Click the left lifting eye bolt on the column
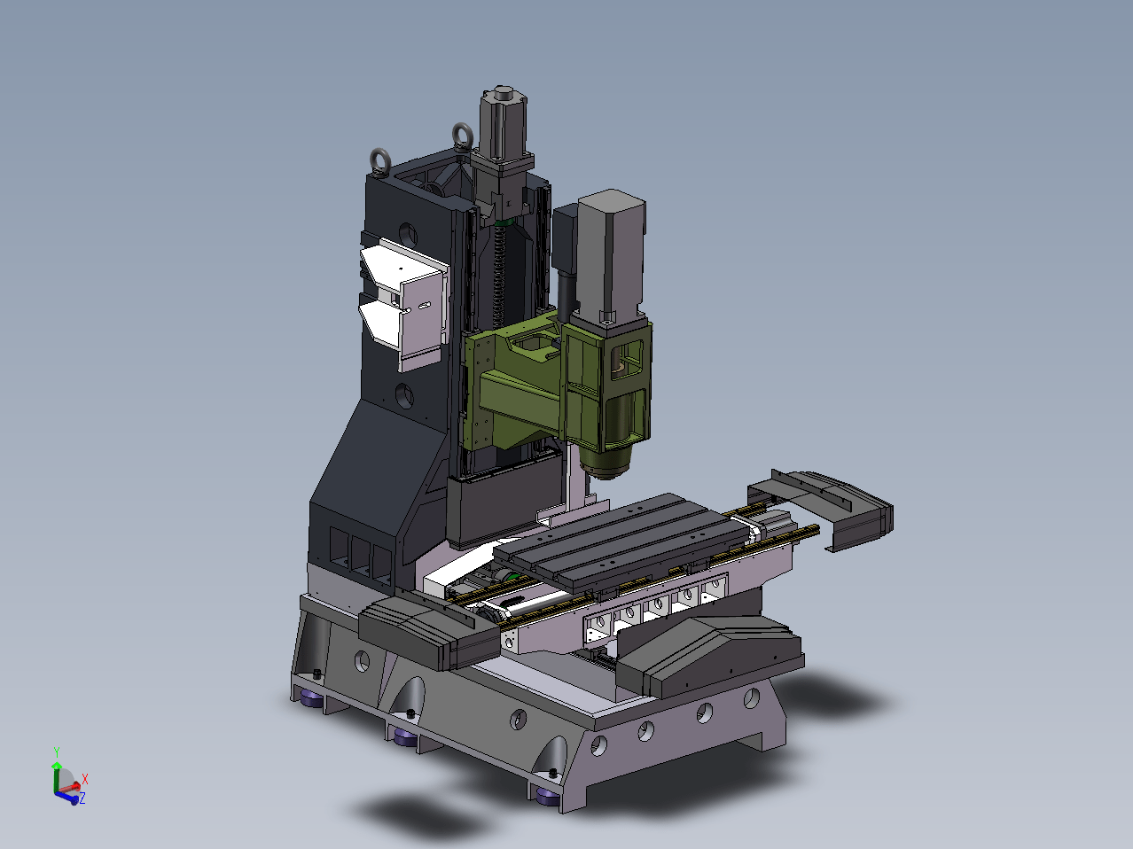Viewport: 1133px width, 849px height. pos(381,161)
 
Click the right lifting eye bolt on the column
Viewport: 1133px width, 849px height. pos(463,135)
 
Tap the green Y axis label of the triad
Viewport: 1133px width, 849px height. pos(57,752)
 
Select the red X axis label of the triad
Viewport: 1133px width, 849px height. pos(85,779)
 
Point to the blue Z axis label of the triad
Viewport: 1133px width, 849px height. pos(82,799)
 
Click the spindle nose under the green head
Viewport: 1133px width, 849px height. pos(606,462)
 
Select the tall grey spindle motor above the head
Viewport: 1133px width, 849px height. pos(612,258)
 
